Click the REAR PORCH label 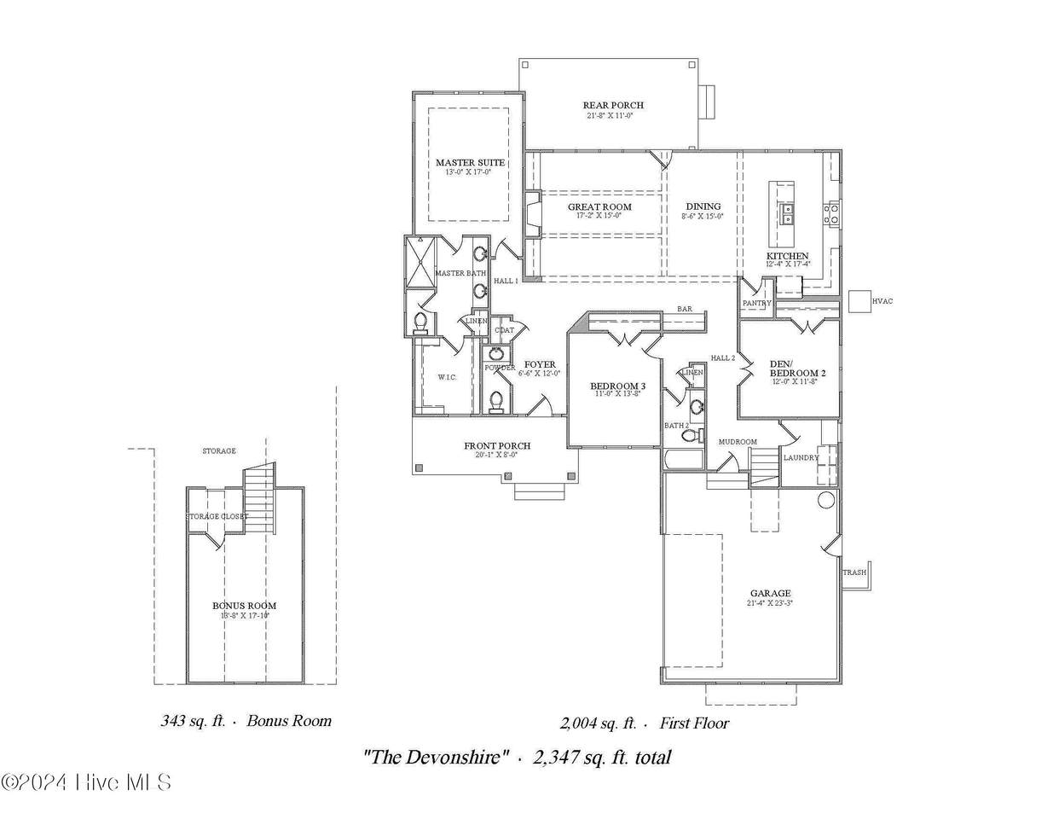tap(613, 106)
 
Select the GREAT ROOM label tap(599, 207)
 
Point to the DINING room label tap(703, 206)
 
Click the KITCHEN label tap(787, 256)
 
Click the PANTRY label tap(756, 303)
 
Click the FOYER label tap(540, 364)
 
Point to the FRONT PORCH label tap(497, 446)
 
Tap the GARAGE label tap(770, 594)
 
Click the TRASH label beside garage tap(854, 572)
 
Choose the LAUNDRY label tap(801, 458)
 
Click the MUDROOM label tap(738, 442)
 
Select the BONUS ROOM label tap(245, 606)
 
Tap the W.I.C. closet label tap(448, 377)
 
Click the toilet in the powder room tap(495, 399)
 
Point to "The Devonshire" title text tap(437, 757)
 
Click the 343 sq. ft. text tap(193, 721)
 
